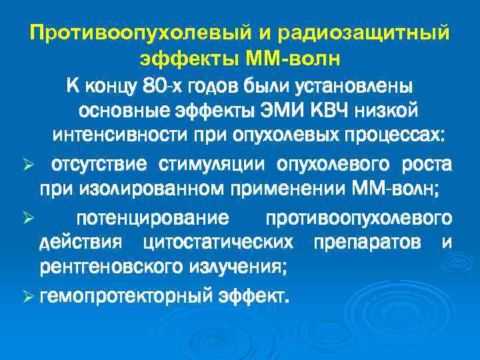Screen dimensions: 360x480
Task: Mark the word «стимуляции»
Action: [216, 164]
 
